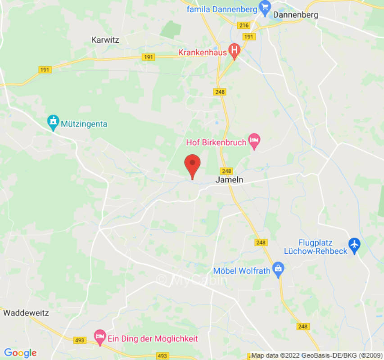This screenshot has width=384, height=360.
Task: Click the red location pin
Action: pyautogui.click(x=193, y=165)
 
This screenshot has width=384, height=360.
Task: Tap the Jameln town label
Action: pyautogui.click(x=230, y=180)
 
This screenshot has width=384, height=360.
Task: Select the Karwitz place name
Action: pyautogui.click(x=105, y=40)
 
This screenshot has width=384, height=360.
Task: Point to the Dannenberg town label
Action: pyautogui.click(x=295, y=15)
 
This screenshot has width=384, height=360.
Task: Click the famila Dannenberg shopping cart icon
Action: pyautogui.click(x=265, y=8)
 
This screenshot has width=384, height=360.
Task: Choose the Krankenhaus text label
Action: pyautogui.click(x=203, y=53)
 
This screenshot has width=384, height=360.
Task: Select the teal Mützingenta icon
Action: pyautogui.click(x=53, y=122)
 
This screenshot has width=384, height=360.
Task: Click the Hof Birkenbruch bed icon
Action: pyautogui.click(x=254, y=142)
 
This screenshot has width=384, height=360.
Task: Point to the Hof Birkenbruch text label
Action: pyautogui.click(x=217, y=143)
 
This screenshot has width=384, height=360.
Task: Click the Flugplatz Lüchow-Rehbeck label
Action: pyautogui.click(x=323, y=247)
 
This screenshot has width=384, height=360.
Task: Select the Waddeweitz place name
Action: pyautogui.click(x=26, y=312)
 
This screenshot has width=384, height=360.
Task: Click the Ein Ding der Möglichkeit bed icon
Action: pyautogui.click(x=99, y=336)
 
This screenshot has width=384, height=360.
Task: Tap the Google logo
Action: pyautogui.click(x=20, y=353)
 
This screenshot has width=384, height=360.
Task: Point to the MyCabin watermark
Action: pyautogui.click(x=192, y=280)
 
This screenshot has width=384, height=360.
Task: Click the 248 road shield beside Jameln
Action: pyautogui.click(x=226, y=171)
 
